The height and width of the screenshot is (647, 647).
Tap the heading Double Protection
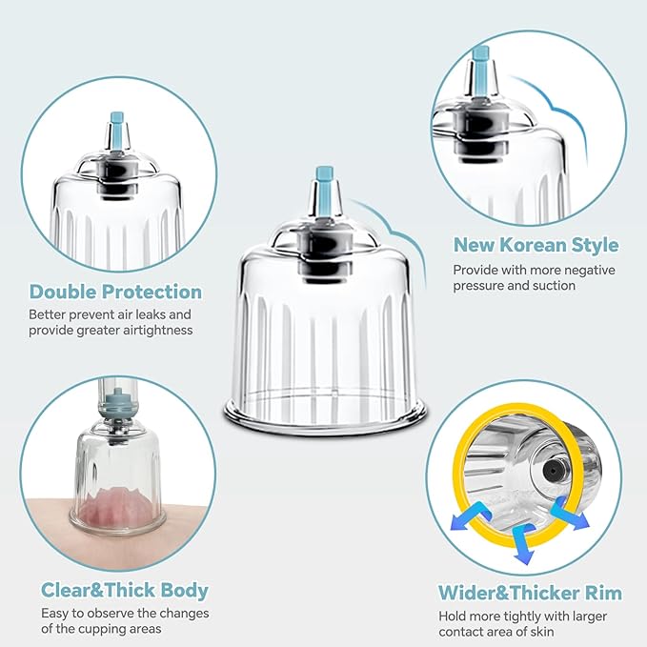(116, 292)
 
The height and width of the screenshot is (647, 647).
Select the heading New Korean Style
(536, 245)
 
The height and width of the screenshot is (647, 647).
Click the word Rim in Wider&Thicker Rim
(603, 593)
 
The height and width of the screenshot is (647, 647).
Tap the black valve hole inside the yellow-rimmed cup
(551, 470)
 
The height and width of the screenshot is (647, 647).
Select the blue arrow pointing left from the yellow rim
(469, 517)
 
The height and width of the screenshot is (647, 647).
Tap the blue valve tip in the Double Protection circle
(117, 126)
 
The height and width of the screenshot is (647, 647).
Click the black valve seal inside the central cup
(326, 256)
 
